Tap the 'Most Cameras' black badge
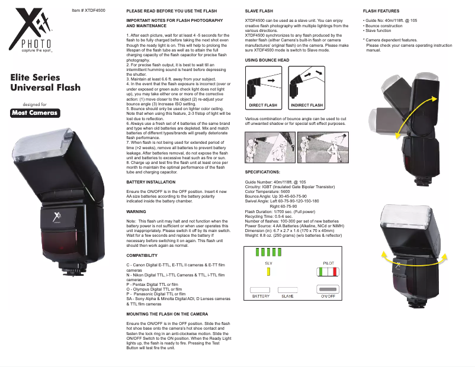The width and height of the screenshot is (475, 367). coord(36,113)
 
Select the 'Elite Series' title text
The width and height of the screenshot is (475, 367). coord(35,78)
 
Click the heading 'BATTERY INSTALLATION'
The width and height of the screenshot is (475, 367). coord(151,181)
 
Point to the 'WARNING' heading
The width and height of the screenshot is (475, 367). coord(137,211)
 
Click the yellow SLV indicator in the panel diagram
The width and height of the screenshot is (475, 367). coord(268,272)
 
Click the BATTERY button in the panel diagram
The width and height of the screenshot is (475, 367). coord(261,288)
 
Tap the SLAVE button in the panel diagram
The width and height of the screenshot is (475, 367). coord(288,288)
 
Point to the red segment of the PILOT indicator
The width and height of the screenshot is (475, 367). coord(335,272)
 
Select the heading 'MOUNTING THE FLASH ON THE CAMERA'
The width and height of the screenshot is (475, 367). coord(167,313)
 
